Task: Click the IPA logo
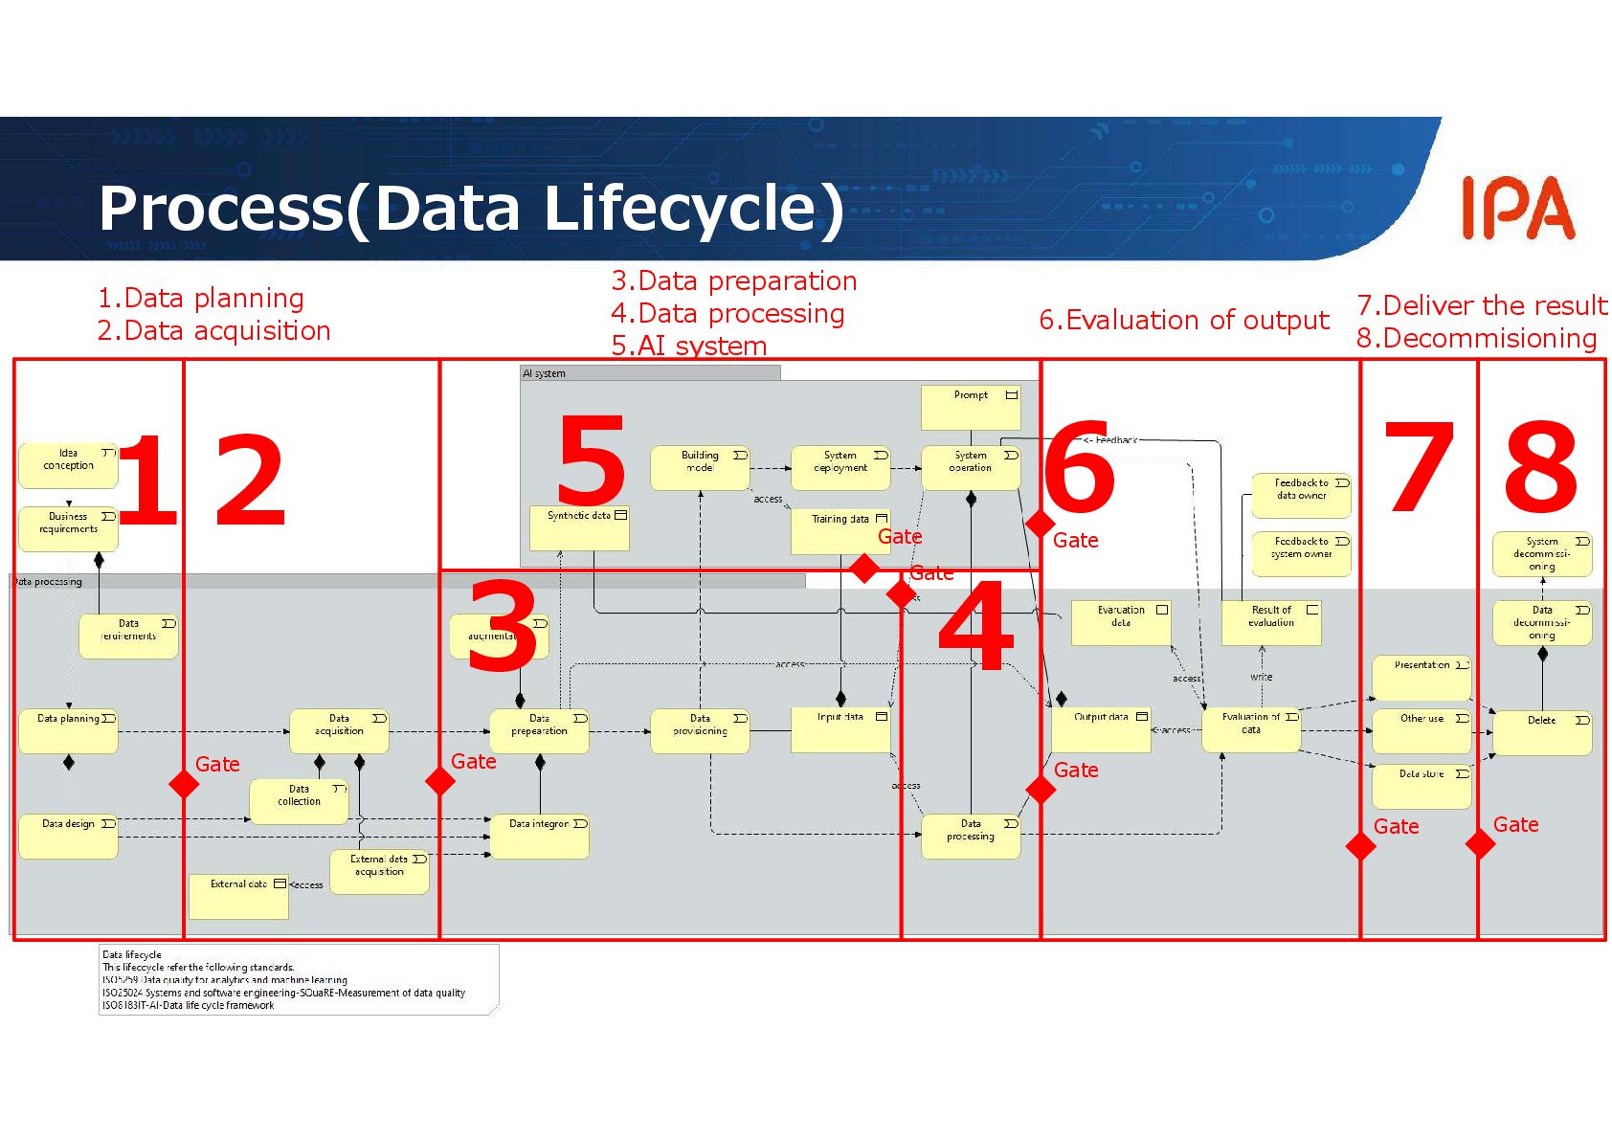pos(1517,208)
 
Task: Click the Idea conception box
pos(68,465)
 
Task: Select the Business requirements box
pos(68,528)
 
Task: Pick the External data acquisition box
pos(379,871)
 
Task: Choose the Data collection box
pos(299,801)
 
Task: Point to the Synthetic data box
pos(579,527)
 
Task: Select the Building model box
pos(700,467)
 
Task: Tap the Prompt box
pos(971,407)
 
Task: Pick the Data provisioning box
pos(700,730)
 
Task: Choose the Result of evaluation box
pos(1271,622)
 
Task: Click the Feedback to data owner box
pos(1301,495)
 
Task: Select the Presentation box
pos(1422,677)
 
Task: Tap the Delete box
pos(1541,732)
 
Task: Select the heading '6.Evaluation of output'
pos(1184,320)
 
